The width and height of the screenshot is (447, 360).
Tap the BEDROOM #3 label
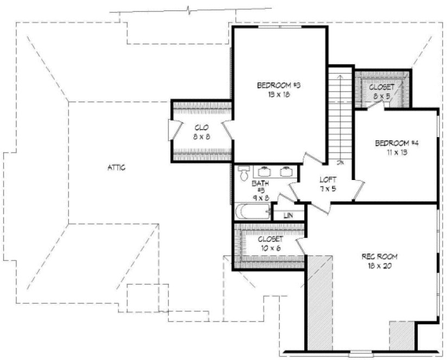[278, 85]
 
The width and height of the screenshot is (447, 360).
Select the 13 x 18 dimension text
[278, 94]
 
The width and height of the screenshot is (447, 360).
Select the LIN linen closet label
[288, 215]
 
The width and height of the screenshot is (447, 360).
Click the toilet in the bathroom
[244, 174]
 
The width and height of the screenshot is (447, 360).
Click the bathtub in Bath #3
[253, 211]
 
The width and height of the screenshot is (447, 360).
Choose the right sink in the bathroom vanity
[286, 172]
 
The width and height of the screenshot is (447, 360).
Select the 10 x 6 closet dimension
[269, 248]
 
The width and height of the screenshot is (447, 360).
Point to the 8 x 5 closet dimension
[381, 96]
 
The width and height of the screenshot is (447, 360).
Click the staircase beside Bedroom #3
[340, 117]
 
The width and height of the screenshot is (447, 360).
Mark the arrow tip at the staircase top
[341, 76]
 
